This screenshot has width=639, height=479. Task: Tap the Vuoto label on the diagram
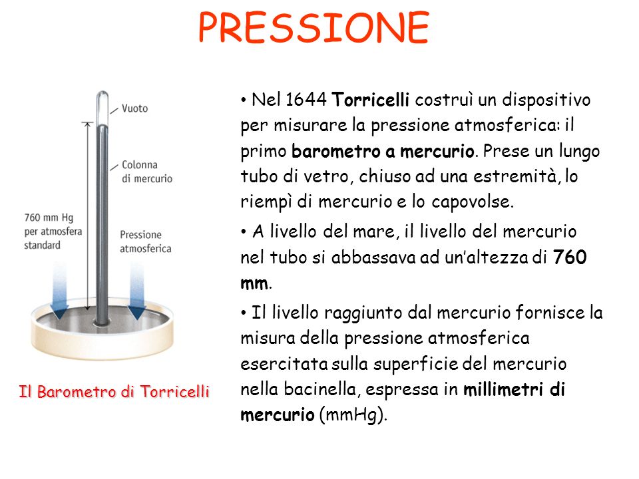pos(134,108)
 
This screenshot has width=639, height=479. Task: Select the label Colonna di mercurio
pos(146,172)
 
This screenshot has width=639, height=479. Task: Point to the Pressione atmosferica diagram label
pos(146,241)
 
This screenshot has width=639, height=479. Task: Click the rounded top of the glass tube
pos(103,96)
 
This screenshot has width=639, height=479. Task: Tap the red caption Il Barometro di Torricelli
pos(114,392)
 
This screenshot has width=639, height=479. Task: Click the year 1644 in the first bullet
pos(306,99)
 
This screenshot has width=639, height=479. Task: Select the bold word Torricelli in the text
pos(370,99)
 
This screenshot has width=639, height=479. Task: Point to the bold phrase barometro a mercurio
pos(383,151)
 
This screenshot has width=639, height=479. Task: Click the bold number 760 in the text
pos(570,257)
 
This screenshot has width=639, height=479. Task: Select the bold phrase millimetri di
pos(515,389)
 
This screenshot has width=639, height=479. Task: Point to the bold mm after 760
pos(254,283)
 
